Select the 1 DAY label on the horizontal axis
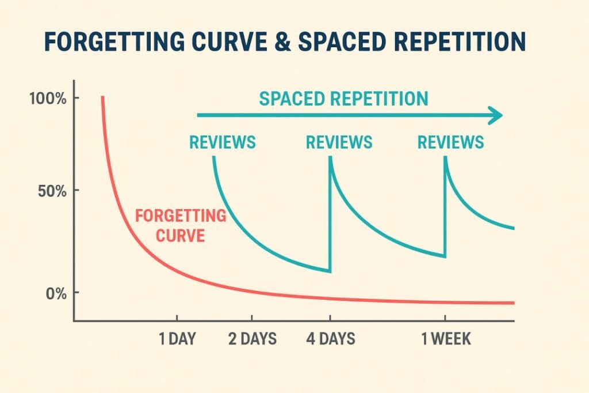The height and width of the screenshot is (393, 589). point(177,339)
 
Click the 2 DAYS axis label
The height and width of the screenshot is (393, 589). point(253,339)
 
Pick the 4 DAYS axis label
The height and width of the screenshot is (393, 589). point(331,339)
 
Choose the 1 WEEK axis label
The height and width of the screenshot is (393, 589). point(446,339)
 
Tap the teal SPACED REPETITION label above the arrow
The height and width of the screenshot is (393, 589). point(343,99)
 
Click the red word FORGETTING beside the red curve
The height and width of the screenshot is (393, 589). point(180,217)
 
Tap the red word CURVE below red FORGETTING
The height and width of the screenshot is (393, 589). point(181,236)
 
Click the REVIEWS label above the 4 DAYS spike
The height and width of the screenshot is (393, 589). point(339,142)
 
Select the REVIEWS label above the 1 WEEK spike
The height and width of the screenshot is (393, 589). point(450,142)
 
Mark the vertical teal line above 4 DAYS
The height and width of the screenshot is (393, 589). point(330,219)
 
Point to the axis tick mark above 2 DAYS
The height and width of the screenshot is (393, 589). point(252,318)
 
